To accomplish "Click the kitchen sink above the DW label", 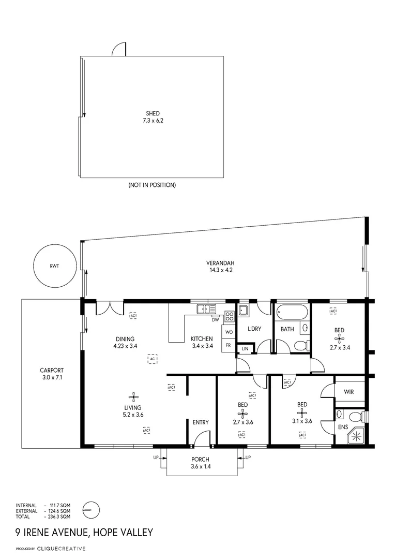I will coord(206,309).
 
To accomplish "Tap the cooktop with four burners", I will coord(230,316).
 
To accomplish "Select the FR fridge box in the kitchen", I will coord(228,345).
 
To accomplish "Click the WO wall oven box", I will coord(228,331).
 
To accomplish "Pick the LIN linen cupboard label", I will coord(245,348).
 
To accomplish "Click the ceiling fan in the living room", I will coord(133,397).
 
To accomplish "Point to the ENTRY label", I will coord(201,422).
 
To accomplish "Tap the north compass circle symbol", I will coord(90,509).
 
